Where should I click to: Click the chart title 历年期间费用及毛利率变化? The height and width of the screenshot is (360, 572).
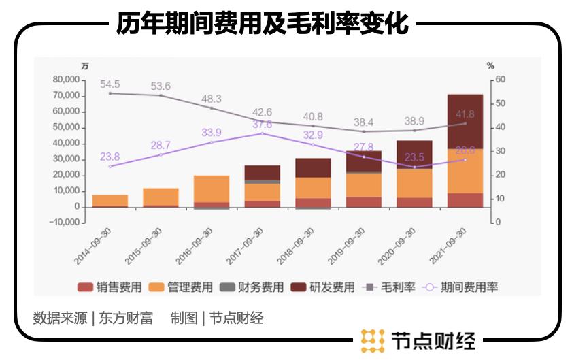[x=261, y=24]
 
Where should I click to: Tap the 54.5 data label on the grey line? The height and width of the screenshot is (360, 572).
[x=110, y=84]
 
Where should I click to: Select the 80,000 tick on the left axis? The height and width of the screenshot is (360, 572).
[x=66, y=80]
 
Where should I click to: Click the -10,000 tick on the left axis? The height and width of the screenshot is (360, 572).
[x=65, y=223]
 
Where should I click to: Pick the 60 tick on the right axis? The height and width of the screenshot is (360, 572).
[x=501, y=80]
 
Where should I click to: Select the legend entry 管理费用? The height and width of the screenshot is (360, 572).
[x=181, y=287]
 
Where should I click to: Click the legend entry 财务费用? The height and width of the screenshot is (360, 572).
[x=252, y=287]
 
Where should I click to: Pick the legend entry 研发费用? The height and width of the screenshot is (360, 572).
[x=323, y=287]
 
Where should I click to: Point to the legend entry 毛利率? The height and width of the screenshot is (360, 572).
[x=390, y=287]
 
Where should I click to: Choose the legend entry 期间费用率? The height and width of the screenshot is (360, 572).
[x=462, y=287]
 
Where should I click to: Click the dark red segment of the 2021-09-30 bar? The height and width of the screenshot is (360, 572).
[x=465, y=121]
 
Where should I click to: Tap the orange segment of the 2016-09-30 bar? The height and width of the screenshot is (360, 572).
[x=212, y=189]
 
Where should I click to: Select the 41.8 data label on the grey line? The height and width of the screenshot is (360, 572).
[x=465, y=114]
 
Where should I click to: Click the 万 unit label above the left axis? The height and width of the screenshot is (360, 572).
[x=84, y=66]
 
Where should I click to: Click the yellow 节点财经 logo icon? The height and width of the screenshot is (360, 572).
[x=373, y=340]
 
